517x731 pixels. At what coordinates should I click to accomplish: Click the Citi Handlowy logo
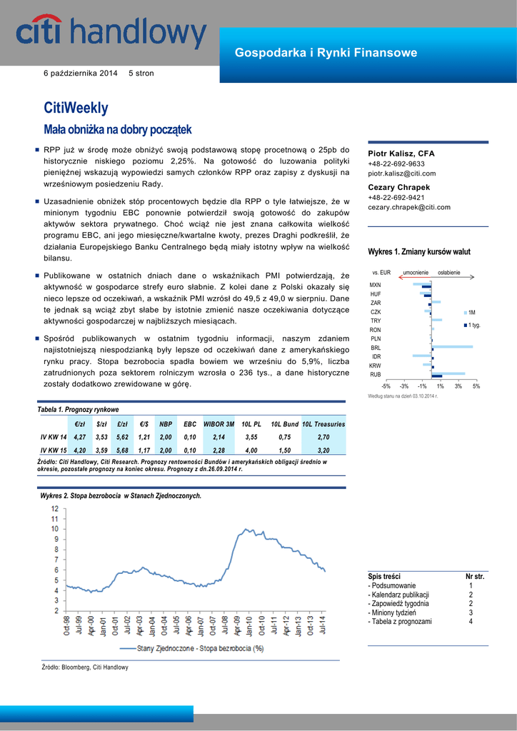111,35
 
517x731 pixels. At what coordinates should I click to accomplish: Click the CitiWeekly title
76,108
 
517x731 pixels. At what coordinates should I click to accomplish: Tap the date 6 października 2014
81,74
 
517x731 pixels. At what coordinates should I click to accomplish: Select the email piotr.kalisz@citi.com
401,173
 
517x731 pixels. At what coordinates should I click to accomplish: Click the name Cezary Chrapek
398,187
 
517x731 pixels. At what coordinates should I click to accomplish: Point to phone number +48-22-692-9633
396,163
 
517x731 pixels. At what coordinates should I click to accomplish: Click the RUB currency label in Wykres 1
375,374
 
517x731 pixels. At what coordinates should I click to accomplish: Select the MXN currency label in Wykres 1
375,285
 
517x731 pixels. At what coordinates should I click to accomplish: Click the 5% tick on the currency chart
476,386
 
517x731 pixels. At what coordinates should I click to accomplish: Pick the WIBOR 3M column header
219,424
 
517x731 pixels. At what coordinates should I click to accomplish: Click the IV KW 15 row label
54,450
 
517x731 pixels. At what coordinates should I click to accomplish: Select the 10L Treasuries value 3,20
323,450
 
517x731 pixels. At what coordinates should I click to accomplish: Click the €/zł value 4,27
80,437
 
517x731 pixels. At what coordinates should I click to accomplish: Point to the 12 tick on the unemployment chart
55,508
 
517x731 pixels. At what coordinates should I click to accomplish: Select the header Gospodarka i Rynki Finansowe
326,53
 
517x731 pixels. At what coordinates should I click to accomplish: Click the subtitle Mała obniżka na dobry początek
118,129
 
